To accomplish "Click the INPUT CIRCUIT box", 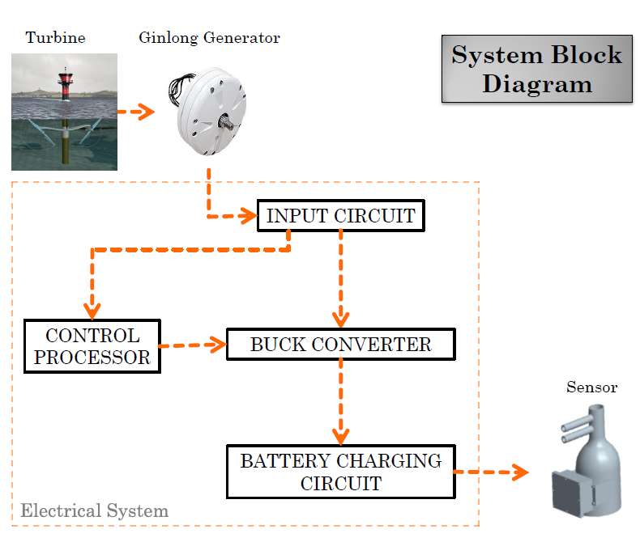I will tap(340, 216).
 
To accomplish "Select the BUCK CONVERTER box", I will tap(340, 345).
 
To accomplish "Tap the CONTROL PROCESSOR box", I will tap(92, 346).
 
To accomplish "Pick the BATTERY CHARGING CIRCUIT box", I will tap(340, 472).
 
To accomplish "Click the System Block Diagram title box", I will tap(536, 69).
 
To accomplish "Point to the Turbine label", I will tap(55, 37).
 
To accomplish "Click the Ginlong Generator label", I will tap(209, 37).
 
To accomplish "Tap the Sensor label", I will tap(591, 387).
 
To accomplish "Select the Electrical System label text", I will tap(94, 510).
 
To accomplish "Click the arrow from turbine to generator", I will tap(136, 112).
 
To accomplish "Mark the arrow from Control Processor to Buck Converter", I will tap(193, 345).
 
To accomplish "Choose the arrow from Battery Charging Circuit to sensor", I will tap(490, 472).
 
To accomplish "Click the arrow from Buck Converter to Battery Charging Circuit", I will tap(340, 400).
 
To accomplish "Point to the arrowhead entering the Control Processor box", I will tap(92, 311).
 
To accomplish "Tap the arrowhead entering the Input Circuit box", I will tap(247, 216).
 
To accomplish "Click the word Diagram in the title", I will tap(536, 84).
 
